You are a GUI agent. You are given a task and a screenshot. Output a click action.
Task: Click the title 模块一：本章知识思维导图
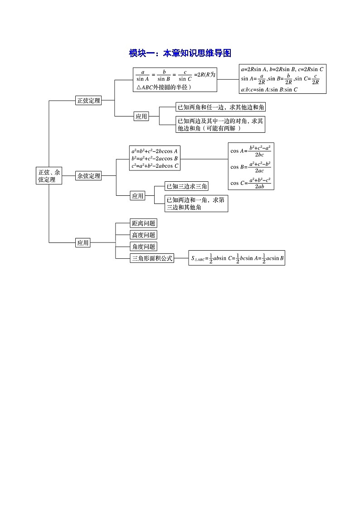[180, 53]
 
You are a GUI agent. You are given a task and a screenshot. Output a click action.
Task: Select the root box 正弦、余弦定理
[49, 176]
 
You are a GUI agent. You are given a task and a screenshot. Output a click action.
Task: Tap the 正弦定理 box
[88, 101]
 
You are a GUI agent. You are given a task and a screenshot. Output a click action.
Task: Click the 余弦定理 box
[88, 176]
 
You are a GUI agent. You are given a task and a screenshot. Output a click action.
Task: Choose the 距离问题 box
[143, 223]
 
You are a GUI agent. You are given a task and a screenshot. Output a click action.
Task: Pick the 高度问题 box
[143, 235]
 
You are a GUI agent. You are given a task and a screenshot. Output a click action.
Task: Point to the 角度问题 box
[143, 247]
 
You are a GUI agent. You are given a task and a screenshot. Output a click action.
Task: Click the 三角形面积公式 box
[152, 258]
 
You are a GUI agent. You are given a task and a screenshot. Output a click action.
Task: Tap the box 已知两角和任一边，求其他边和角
[220, 107]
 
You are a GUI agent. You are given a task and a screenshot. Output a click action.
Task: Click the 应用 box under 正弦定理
[141, 116]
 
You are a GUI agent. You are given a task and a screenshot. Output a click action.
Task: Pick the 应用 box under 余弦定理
[137, 196]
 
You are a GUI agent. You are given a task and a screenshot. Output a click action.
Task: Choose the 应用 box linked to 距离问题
[83, 243]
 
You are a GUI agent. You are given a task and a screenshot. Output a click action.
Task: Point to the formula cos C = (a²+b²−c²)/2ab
[251, 183]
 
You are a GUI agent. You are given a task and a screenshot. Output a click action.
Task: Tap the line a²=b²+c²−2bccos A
[155, 151]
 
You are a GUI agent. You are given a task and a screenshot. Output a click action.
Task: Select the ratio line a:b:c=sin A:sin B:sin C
[269, 89]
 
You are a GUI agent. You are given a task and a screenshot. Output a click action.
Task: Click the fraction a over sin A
[143, 75]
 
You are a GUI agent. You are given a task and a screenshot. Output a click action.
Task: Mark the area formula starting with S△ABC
[237, 259]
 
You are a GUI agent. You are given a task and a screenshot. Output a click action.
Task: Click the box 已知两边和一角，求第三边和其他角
[196, 204]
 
